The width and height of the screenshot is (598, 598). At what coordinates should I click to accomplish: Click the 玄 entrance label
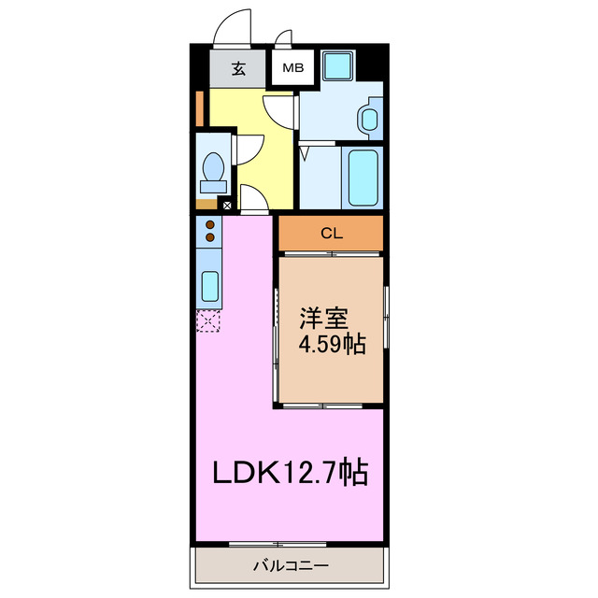(x=239, y=68)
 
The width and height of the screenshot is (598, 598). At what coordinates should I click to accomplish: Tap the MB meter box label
(x=293, y=68)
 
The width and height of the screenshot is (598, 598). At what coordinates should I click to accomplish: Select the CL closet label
(x=331, y=234)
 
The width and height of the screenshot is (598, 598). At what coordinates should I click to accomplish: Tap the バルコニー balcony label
(x=291, y=565)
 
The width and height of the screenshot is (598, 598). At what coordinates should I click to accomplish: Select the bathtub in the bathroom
(x=363, y=178)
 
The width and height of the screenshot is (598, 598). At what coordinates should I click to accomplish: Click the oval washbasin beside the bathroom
(x=369, y=119)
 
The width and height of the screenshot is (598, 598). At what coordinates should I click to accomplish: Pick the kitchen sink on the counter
(x=209, y=284)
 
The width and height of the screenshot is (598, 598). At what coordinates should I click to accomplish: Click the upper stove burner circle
(x=210, y=225)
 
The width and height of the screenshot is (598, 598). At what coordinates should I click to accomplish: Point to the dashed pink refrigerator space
(x=208, y=322)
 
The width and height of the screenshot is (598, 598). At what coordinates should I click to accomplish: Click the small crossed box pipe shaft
(x=226, y=205)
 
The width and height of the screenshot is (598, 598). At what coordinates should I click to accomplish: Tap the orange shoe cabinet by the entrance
(x=199, y=108)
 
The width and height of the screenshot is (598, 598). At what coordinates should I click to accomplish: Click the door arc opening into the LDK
(x=253, y=199)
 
